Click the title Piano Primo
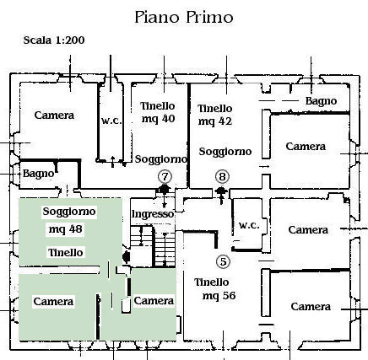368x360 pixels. tap(184, 17)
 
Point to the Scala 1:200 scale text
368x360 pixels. tap(54, 40)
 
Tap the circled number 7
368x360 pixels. tap(165, 177)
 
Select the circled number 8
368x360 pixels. tap(222, 177)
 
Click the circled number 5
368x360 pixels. tap(223, 261)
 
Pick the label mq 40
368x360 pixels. tap(158, 119)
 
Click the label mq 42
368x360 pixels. tap(215, 121)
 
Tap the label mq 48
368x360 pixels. tap(66, 229)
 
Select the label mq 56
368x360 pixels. tap(219, 296)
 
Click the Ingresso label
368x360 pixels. tap(153, 214)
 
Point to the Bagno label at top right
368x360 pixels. tap(321, 101)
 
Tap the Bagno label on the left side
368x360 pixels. tap(38, 174)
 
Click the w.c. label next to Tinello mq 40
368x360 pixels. tap(111, 121)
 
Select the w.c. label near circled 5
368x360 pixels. tap(249, 225)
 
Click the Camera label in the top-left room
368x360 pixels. tap(54, 116)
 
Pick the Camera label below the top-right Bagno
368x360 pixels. tap(306, 147)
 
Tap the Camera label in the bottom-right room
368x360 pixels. tap(311, 307)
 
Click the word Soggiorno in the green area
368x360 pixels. tap(69, 212)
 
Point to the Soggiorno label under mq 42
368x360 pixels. tap(225, 152)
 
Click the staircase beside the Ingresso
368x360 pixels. tap(153, 245)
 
